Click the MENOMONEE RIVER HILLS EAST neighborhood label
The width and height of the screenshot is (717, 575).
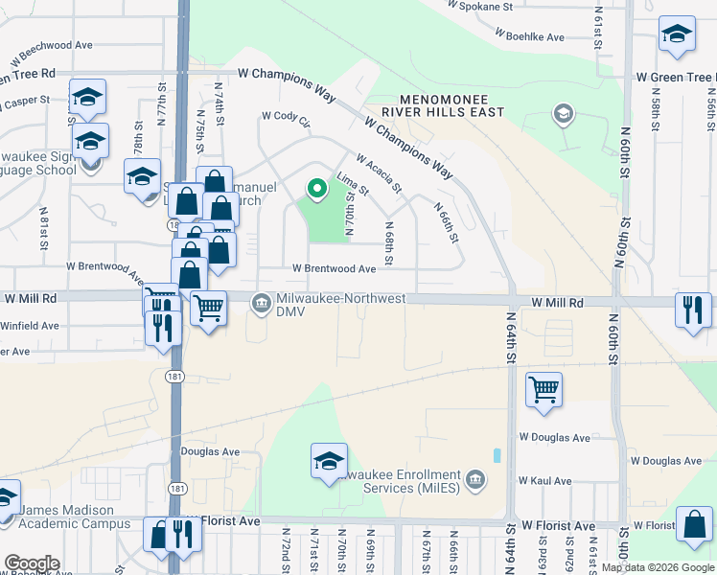(x=437, y=105)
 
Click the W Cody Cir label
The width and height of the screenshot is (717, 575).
(x=287, y=120)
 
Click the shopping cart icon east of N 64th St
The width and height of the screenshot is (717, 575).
(x=544, y=390)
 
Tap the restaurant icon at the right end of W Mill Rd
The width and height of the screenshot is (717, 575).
(x=692, y=310)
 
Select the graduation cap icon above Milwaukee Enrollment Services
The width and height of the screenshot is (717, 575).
(x=329, y=461)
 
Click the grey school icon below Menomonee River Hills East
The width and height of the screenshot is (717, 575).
(x=563, y=116)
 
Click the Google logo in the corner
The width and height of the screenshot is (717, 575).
(x=32, y=563)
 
